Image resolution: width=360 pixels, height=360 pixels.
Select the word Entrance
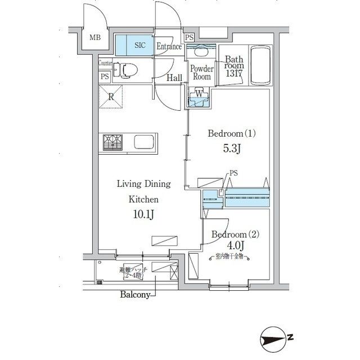click(169, 47)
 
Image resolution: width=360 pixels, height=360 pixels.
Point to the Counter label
click(105, 63)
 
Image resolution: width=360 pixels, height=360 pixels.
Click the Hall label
click(174, 78)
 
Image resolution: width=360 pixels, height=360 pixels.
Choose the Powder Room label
click(201, 73)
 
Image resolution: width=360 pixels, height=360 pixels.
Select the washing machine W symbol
click(199, 94)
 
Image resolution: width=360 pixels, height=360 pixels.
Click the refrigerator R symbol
click(111, 96)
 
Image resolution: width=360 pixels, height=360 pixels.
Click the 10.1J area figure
click(143, 214)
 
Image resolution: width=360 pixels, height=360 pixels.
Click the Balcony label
click(134, 294)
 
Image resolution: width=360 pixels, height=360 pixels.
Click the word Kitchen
click(143, 199)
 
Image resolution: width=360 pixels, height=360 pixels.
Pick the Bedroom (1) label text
click(232, 134)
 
